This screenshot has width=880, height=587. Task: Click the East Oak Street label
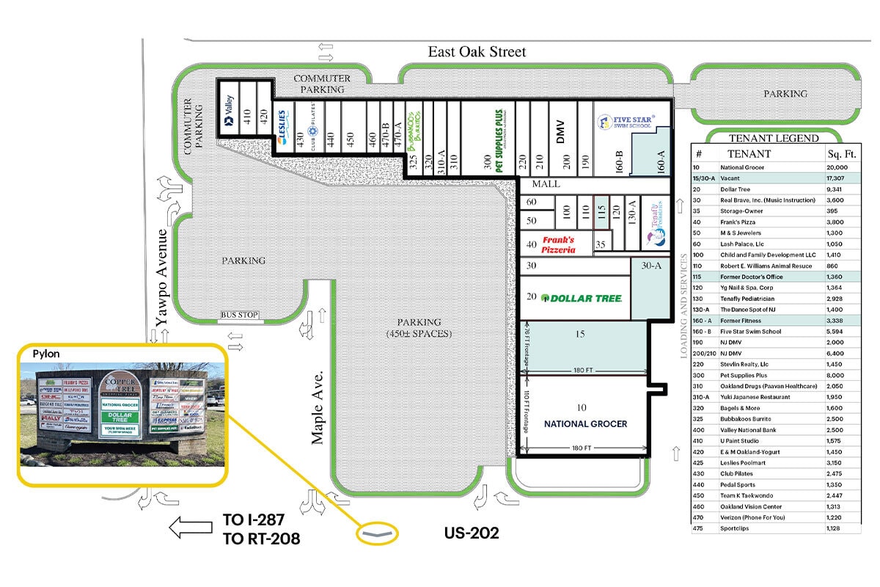[x=477, y=51]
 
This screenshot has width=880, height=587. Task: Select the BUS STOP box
[x=240, y=316]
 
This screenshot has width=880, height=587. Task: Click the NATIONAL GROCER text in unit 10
[x=585, y=424]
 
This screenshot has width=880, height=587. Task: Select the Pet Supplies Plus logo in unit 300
[x=499, y=136]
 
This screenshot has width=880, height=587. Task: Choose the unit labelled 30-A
[x=650, y=266]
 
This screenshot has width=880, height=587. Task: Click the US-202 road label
[x=472, y=533]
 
